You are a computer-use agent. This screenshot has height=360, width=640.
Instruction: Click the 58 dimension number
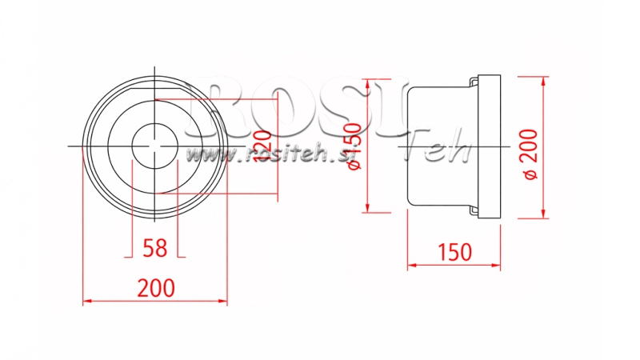(x=155, y=247)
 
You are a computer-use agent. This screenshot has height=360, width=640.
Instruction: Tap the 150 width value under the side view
(x=454, y=252)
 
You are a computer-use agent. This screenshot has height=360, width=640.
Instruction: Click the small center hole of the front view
(x=155, y=146)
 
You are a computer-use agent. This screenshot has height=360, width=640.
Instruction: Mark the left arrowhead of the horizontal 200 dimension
(x=86, y=302)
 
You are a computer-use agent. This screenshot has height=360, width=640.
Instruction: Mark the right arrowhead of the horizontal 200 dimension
(x=224, y=302)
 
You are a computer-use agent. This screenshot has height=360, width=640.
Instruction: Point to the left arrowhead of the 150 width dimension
(x=411, y=266)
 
